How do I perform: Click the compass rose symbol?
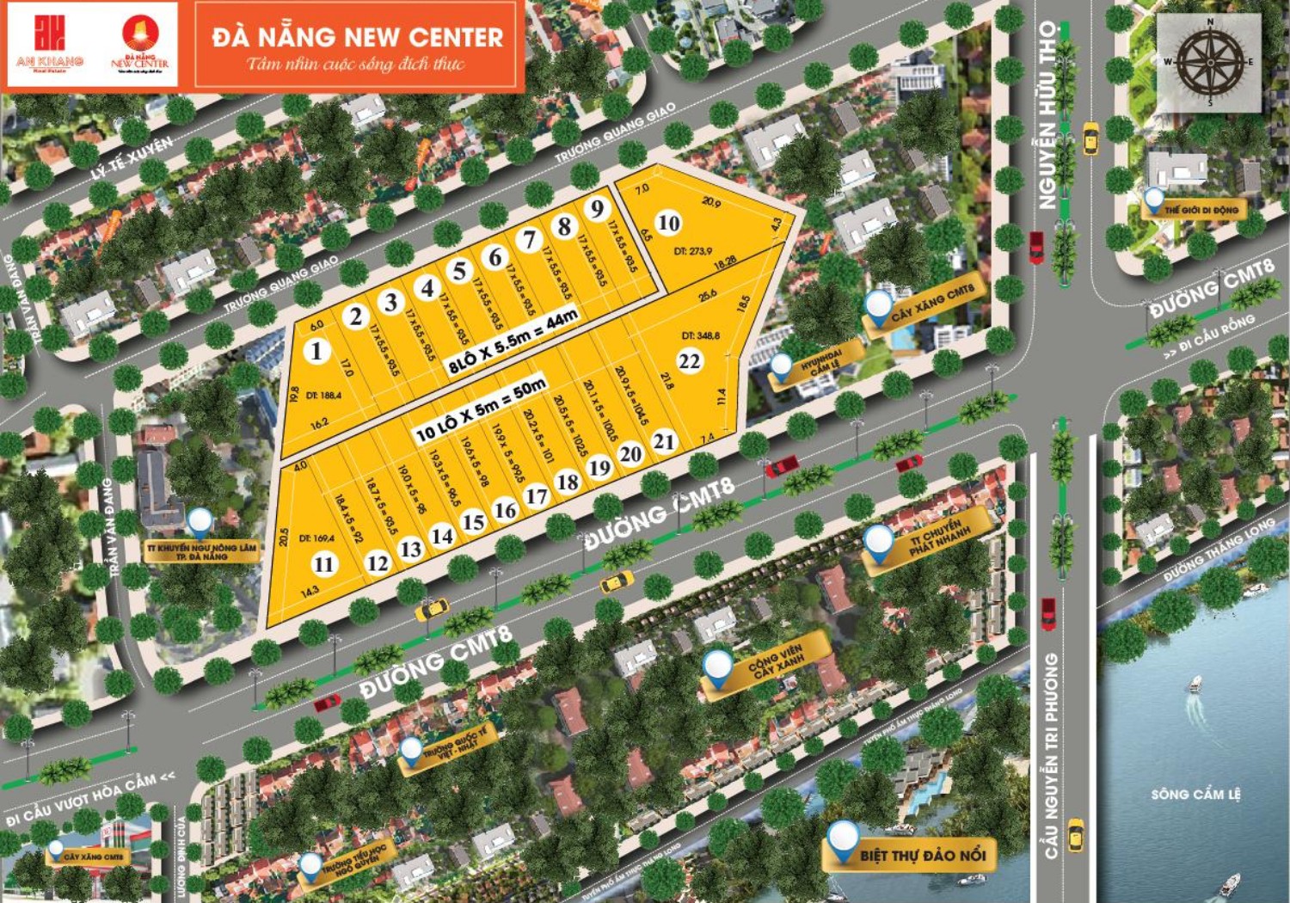[1209, 62]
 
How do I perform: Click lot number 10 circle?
[668, 223]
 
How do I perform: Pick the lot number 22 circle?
[690, 361]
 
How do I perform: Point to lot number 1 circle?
[317, 351]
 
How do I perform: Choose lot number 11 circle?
[323, 564]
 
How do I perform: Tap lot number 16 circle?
[505, 510]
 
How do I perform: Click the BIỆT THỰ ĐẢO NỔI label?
[922, 855]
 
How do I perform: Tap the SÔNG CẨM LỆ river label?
[1195, 794]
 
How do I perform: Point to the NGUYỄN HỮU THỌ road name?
[1047, 115]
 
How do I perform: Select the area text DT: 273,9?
[692, 251]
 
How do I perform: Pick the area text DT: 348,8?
[701, 335]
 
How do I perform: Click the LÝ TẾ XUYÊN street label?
[132, 157]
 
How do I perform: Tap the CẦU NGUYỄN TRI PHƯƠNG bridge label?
[1051, 755]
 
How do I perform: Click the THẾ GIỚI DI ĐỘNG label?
[1201, 210]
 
